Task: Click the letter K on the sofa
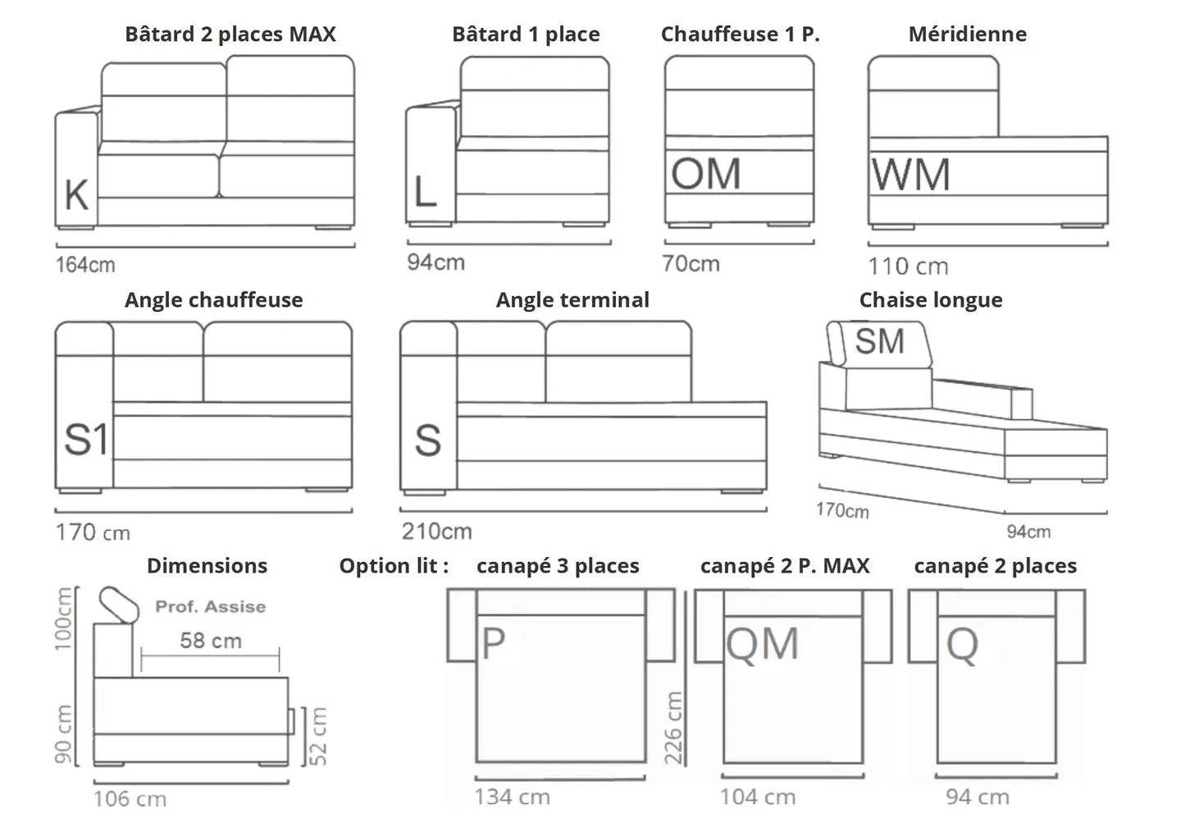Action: tap(76, 194)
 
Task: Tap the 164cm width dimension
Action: tap(85, 265)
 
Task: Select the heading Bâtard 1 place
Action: tap(526, 34)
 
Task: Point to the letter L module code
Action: tap(425, 192)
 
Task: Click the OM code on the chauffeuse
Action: tap(705, 174)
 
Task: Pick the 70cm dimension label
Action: tap(691, 263)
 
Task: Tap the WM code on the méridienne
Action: tap(910, 175)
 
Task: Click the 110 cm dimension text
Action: tap(908, 267)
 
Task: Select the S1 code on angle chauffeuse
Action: tap(85, 440)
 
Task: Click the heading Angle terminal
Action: tap(572, 300)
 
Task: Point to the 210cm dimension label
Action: tap(436, 532)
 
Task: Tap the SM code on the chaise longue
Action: tap(879, 341)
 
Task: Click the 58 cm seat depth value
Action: tap(211, 641)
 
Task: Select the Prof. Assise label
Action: tap(211, 607)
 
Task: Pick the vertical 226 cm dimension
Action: tap(673, 728)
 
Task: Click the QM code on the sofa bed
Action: tap(762, 644)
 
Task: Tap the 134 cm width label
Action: tap(512, 797)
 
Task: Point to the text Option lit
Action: tap(394, 566)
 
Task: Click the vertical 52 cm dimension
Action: tap(318, 736)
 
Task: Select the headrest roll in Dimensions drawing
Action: tap(120, 604)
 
